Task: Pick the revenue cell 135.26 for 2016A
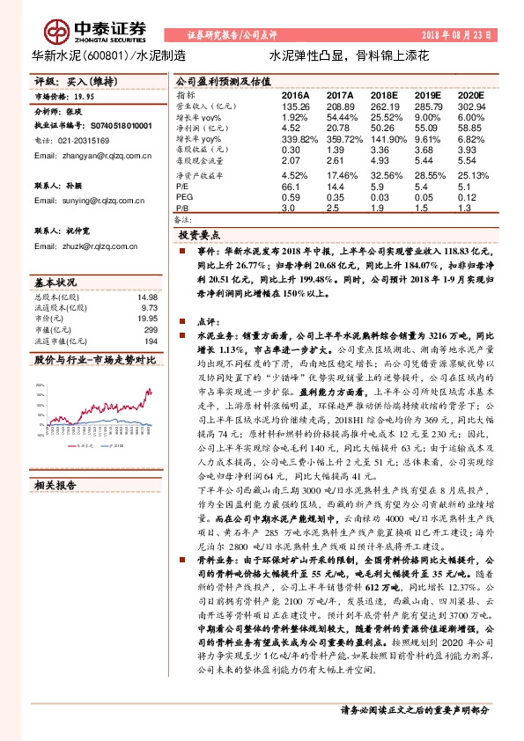[294, 106]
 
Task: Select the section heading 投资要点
[198, 237]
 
